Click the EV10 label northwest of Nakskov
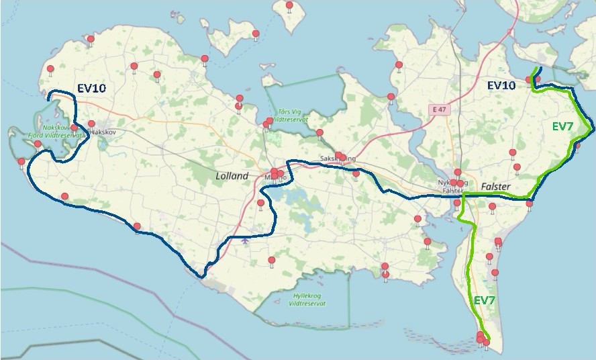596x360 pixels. click(x=91, y=87)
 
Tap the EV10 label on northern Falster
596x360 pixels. click(x=501, y=85)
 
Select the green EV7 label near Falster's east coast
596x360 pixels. click(x=562, y=126)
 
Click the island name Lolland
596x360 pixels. click(x=232, y=176)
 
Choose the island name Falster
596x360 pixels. click(x=497, y=185)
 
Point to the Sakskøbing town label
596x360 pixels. click(x=336, y=159)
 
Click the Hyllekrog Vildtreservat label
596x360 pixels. click(x=310, y=300)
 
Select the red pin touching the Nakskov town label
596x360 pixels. click(x=91, y=124)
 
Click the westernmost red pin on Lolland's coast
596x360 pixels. click(x=21, y=162)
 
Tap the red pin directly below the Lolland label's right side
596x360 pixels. click(x=260, y=203)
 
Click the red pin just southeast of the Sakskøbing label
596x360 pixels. click(x=356, y=173)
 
